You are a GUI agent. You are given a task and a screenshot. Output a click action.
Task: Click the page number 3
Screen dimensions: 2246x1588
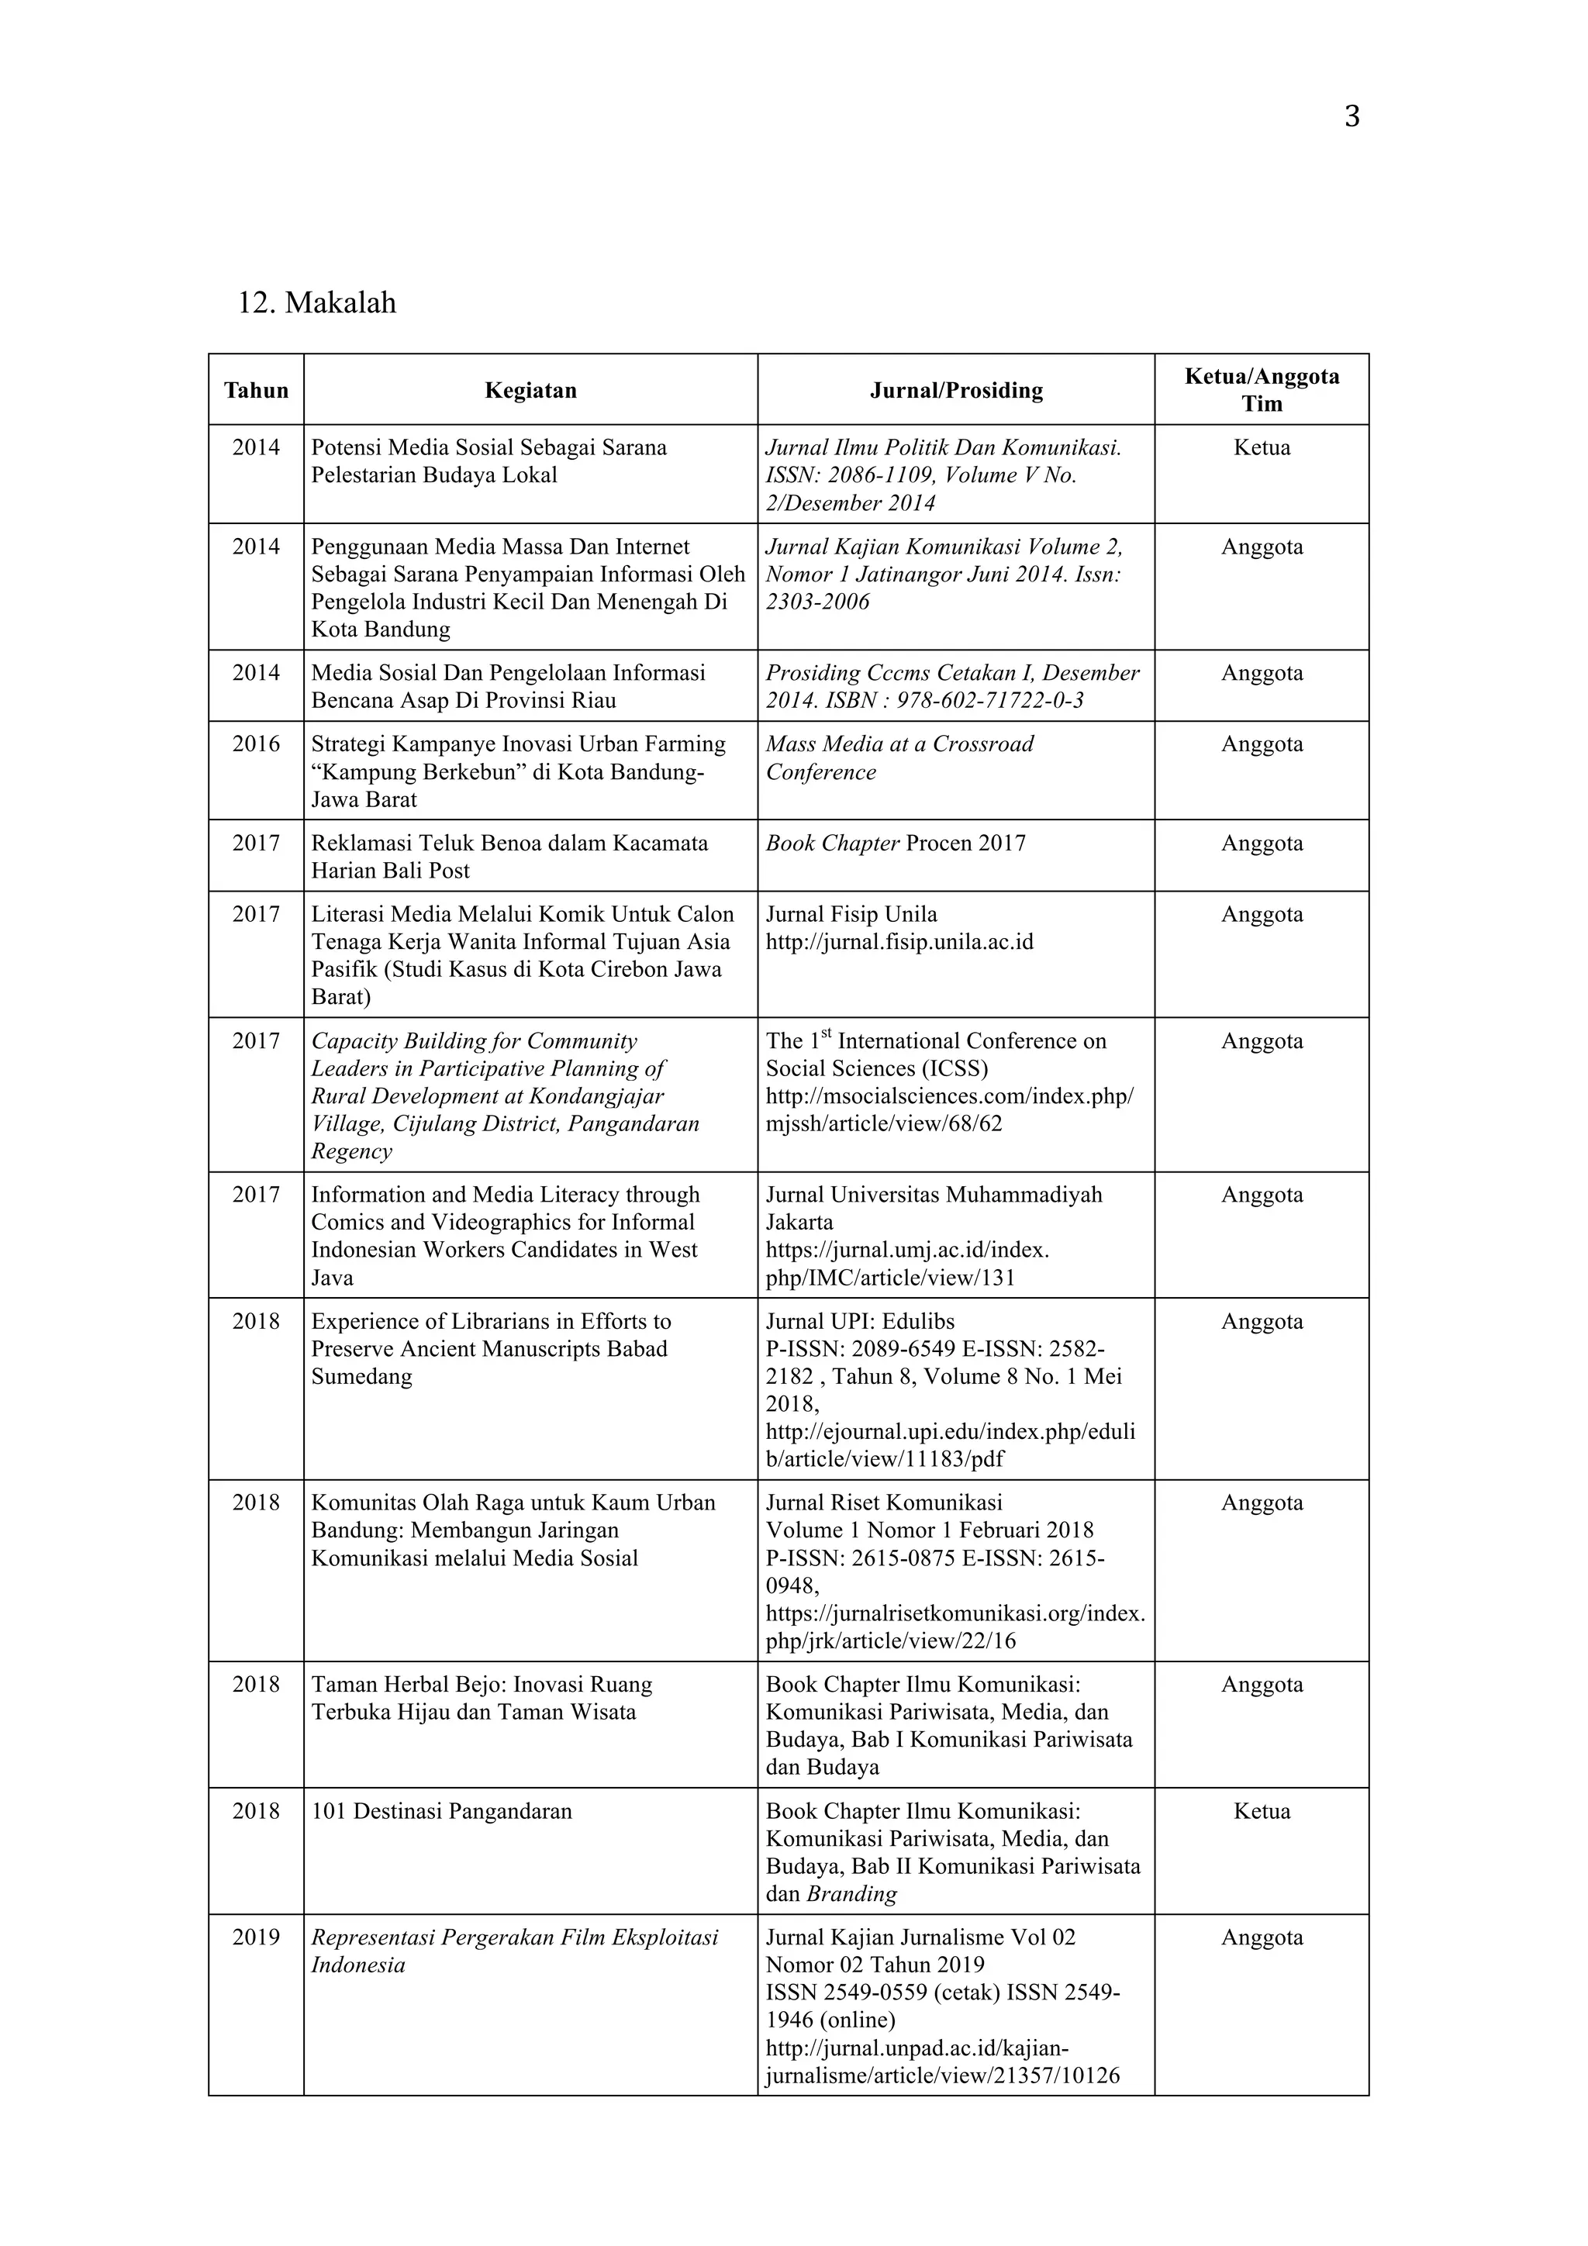pos(1352,117)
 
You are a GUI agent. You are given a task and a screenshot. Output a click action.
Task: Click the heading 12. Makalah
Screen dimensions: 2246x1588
pos(317,303)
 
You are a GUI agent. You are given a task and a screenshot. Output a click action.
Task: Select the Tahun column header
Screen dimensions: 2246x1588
pos(257,390)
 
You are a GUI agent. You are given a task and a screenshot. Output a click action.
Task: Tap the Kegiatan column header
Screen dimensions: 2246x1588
pos(530,390)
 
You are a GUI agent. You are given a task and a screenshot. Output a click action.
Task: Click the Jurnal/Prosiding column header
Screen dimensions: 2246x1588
pos(956,390)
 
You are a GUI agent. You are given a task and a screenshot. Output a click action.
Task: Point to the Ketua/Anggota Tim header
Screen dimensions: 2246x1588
pos(1262,389)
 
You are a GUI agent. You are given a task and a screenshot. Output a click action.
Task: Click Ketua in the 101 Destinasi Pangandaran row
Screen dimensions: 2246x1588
pos(1262,1811)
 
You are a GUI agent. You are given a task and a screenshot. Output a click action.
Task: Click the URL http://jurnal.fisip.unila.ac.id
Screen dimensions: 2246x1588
pos(899,942)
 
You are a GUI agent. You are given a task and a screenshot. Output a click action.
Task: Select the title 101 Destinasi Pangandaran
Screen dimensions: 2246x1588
pos(441,1811)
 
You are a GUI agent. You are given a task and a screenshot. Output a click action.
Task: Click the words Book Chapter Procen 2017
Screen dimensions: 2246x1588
pos(896,844)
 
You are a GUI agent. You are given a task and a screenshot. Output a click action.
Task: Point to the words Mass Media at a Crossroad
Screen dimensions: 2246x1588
pos(899,744)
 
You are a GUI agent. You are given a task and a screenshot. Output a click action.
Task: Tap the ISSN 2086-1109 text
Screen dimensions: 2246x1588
pos(890,475)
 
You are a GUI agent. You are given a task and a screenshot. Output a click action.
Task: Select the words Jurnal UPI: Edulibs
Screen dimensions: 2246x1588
pos(860,1322)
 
